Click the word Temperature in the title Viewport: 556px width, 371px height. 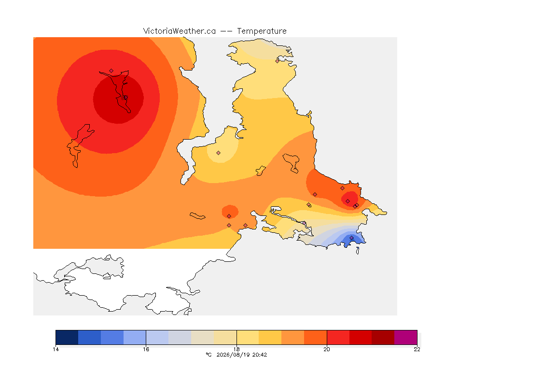click(262, 31)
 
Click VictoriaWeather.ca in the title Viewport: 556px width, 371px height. click(180, 31)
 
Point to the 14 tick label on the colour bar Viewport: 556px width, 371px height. click(56, 349)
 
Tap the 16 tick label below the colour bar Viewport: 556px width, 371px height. click(146, 349)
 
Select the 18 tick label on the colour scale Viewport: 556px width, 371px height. click(236, 349)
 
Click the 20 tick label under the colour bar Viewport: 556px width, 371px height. click(327, 349)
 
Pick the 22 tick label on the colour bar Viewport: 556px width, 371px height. click(417, 349)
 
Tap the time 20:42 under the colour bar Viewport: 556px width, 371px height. click(260, 355)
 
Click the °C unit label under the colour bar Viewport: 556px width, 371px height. click(209, 355)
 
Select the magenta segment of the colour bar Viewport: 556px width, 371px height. click(405, 337)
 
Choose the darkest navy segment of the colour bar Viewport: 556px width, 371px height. click(67, 337)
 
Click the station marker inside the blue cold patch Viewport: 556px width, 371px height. click(351, 238)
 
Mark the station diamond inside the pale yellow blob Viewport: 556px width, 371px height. click(219, 153)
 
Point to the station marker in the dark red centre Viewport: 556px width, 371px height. click(125, 98)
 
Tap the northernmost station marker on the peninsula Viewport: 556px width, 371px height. click(278, 61)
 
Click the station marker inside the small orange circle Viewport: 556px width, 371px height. click(229, 216)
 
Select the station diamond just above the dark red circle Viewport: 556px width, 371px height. click(111, 71)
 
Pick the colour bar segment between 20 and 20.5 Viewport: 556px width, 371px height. click(338, 337)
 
